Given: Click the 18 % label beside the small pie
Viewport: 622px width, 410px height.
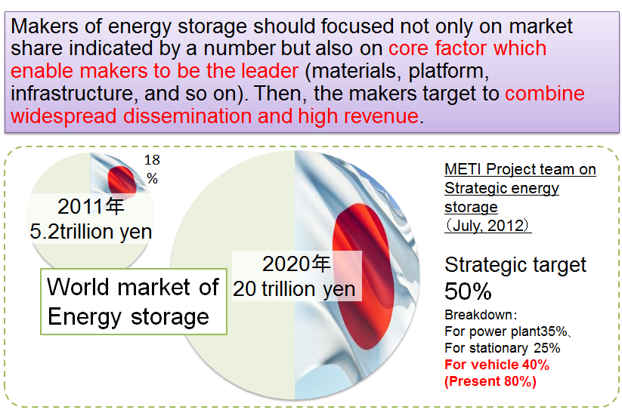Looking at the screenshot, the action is (152, 169).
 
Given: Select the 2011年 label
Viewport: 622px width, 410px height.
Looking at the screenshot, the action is (91, 206).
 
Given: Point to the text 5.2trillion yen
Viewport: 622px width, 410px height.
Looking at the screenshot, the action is (91, 231).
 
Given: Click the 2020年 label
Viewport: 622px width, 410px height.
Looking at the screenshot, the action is (296, 264).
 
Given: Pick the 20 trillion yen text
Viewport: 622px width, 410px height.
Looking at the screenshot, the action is (294, 289).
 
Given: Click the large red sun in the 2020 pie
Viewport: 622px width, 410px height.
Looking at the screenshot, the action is (363, 276).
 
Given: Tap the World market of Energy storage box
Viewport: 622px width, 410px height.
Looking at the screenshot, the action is (134, 301).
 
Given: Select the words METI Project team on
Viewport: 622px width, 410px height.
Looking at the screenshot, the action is (520, 169).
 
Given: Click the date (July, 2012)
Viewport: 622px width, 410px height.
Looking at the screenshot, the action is (488, 226).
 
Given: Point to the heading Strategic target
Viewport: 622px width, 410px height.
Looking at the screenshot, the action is (515, 264).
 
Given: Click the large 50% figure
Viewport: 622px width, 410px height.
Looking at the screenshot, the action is (468, 291).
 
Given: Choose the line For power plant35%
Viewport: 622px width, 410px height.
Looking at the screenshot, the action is (506, 331).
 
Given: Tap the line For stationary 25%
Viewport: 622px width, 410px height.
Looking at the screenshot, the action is (502, 348).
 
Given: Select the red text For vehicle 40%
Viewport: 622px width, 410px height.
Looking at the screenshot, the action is (497, 365).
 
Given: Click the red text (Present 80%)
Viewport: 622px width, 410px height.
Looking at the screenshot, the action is (490, 381).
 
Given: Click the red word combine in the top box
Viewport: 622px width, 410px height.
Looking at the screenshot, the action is (545, 94).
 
